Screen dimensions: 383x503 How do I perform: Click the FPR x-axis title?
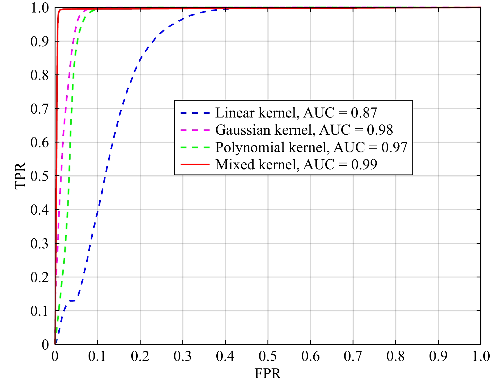[x=267, y=374]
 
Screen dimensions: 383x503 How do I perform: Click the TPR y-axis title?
[x=20, y=176]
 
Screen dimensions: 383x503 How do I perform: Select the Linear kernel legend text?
[x=296, y=113]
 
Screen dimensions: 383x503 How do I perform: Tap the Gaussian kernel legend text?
[x=304, y=130]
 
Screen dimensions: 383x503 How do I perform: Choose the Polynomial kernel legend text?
[x=311, y=147]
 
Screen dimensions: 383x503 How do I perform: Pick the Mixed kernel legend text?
[x=296, y=165]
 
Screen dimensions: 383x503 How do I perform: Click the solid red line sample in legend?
[x=195, y=165]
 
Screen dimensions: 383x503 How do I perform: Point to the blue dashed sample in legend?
[x=195, y=113]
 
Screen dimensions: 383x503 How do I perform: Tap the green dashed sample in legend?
[x=195, y=147]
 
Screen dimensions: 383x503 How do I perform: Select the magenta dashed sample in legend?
[x=195, y=130]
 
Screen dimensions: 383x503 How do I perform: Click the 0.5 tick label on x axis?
[x=267, y=356]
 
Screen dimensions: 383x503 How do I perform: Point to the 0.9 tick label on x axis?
[x=438, y=356]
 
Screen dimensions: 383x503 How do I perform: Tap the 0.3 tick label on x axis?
[x=182, y=356]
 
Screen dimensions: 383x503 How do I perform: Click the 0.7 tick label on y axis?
[x=39, y=109]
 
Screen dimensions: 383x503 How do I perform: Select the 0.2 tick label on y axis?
[x=39, y=277]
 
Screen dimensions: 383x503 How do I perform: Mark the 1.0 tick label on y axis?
[x=39, y=8]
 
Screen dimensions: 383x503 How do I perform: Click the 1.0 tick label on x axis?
[x=481, y=356]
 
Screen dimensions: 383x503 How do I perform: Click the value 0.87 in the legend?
[x=364, y=113]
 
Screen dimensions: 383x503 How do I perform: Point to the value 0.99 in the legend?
[x=364, y=165]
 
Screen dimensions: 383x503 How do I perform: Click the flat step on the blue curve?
[x=72, y=301]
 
